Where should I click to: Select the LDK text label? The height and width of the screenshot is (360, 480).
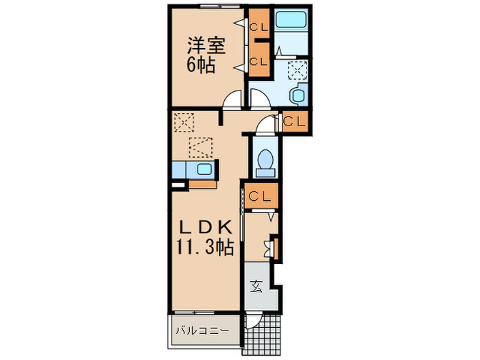pyautogui.click(x=205, y=228)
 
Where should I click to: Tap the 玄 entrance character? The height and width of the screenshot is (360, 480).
pyautogui.click(x=255, y=287)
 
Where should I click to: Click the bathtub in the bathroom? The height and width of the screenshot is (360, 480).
pyautogui.click(x=291, y=21)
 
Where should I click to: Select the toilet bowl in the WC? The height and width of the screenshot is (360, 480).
pyautogui.click(x=265, y=160)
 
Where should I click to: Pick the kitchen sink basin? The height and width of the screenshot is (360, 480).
pyautogui.click(x=204, y=170)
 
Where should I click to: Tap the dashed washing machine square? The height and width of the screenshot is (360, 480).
pyautogui.click(x=297, y=71)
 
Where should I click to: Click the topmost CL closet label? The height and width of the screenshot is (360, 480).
pyautogui.click(x=259, y=27)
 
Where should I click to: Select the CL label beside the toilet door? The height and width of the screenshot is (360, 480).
pyautogui.click(x=295, y=121)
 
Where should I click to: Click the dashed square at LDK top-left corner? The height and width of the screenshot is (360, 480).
pyautogui.click(x=182, y=123)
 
